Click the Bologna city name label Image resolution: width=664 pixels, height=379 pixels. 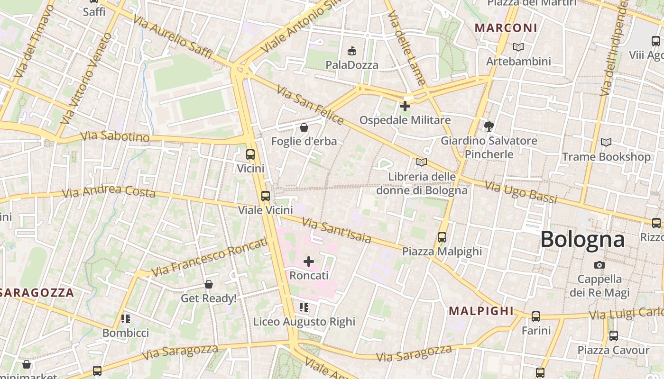(582, 239)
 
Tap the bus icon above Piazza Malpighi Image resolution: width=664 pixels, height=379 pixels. (442, 237)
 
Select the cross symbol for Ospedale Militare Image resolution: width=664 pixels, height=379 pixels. (405, 106)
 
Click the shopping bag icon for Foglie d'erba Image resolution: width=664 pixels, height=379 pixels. (304, 127)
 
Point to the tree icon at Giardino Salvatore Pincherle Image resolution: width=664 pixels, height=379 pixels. (489, 126)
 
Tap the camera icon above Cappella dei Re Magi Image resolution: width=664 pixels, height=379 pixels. (599, 265)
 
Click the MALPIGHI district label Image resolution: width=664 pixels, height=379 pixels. (481, 311)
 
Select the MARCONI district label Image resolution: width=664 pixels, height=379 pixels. (506, 28)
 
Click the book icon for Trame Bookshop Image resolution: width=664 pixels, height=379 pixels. (606, 142)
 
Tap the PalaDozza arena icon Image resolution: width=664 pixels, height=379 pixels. (352, 51)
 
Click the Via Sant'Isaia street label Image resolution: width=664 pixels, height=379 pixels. (336, 230)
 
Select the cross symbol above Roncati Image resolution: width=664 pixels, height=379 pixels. (309, 261)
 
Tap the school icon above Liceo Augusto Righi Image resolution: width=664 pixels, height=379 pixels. (304, 308)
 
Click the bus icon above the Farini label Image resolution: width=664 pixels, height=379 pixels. (536, 316)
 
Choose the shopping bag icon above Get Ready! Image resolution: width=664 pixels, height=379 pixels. (209, 284)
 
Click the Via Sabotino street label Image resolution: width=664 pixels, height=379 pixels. (115, 137)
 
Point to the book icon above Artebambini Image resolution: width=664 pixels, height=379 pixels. (518, 47)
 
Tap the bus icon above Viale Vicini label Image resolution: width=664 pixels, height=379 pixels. (266, 196)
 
